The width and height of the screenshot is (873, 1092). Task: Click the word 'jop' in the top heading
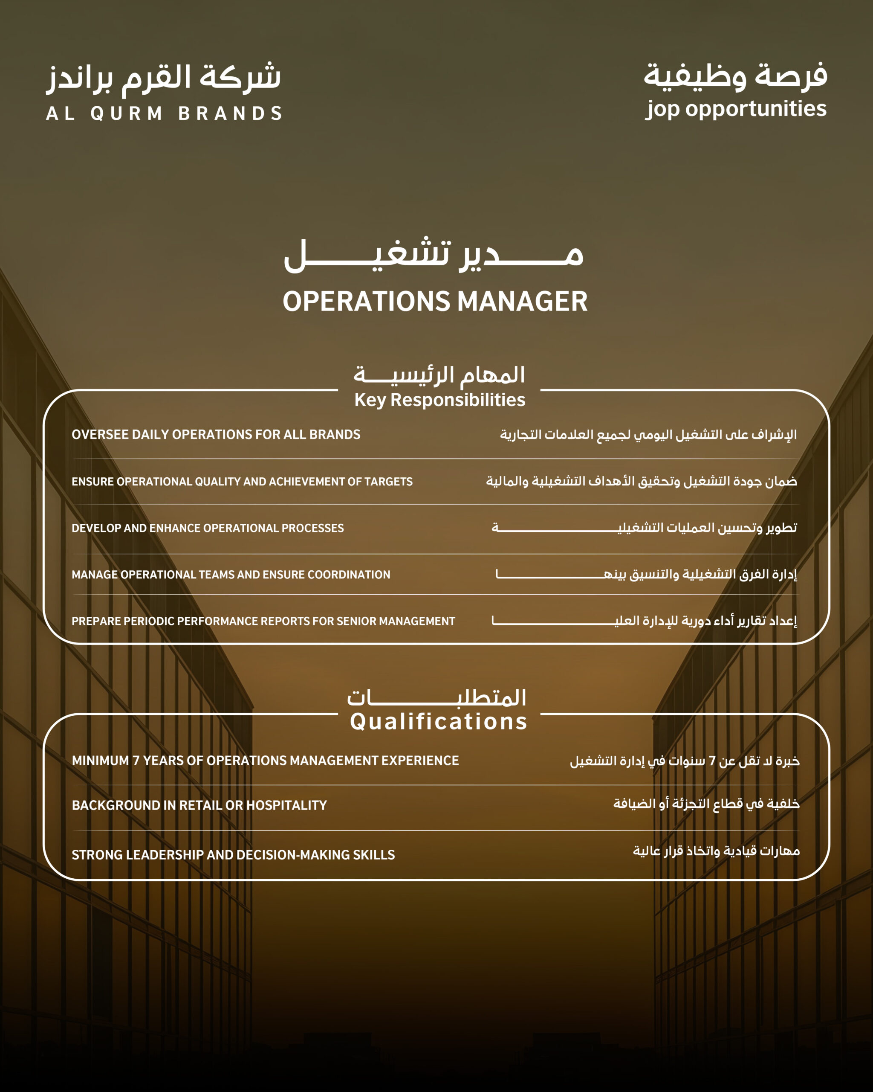[x=662, y=109]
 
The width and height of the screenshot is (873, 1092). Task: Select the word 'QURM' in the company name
[x=127, y=113]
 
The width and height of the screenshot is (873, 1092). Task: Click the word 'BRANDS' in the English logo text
[x=230, y=113]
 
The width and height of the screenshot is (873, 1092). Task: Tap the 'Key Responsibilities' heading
[x=439, y=400]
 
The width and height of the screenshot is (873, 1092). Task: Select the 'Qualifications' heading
[x=438, y=721]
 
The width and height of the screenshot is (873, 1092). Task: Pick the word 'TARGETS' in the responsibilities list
[x=389, y=482]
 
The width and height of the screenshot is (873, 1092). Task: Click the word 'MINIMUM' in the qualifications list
[x=100, y=761]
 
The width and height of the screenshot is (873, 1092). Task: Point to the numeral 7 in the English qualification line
[x=136, y=761]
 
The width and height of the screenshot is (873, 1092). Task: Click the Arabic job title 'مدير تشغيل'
[x=434, y=255]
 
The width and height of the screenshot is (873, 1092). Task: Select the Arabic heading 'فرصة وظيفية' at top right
[x=735, y=76]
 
